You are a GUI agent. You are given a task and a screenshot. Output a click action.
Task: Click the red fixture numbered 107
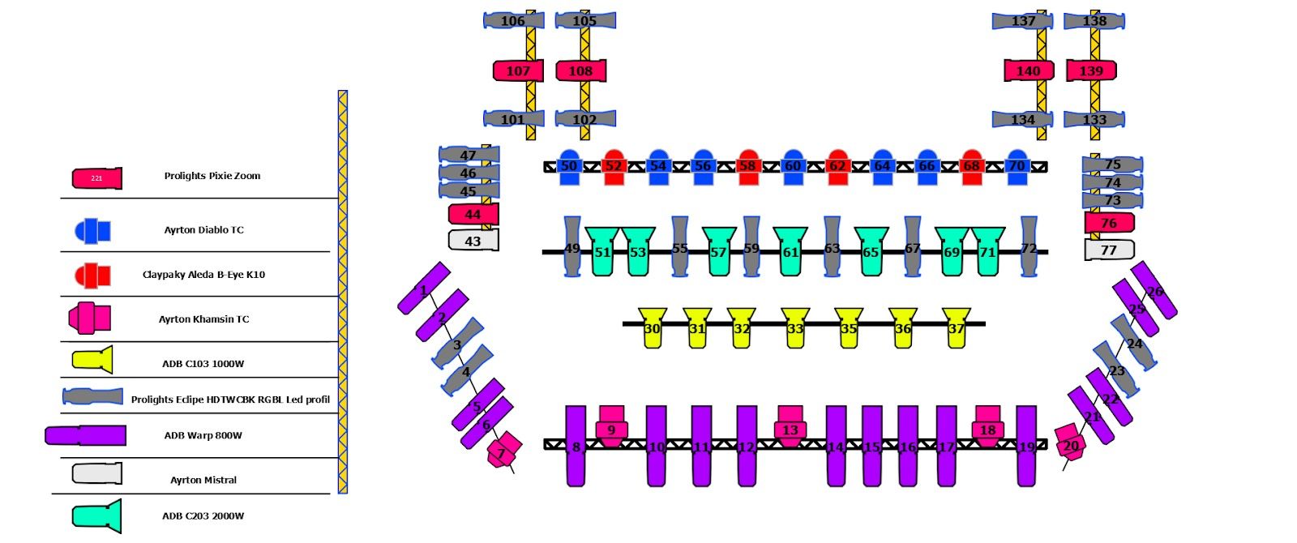coord(518,71)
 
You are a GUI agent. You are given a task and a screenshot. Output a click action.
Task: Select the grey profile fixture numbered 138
coord(1094,21)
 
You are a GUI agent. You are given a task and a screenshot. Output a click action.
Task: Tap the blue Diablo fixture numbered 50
coord(569,166)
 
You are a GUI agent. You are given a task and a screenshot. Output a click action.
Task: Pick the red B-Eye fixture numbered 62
coord(837,166)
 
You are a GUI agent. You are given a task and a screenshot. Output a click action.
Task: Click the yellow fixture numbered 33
coord(794,327)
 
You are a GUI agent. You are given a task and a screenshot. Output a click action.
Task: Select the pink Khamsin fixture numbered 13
coord(790,426)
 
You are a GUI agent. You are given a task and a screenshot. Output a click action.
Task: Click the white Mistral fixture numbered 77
coord(1109,250)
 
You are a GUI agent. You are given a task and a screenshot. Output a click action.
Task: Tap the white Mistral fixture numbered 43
coord(473,241)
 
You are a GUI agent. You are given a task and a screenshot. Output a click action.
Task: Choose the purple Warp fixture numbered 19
coord(1026,446)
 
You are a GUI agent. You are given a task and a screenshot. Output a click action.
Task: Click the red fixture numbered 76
coord(1109,223)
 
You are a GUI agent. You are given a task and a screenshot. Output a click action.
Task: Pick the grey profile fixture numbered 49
coord(572,247)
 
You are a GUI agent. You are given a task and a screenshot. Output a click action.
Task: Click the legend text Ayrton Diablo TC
coord(203,230)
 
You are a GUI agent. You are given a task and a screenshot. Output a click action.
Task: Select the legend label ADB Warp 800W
coord(203,436)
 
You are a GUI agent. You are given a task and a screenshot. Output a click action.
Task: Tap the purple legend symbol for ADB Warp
coord(86,435)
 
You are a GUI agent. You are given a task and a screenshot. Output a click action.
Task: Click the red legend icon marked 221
coord(96,178)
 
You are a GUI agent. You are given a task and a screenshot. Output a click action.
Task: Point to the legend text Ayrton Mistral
coord(203,481)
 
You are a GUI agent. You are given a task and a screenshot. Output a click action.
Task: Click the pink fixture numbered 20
coord(1070,444)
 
